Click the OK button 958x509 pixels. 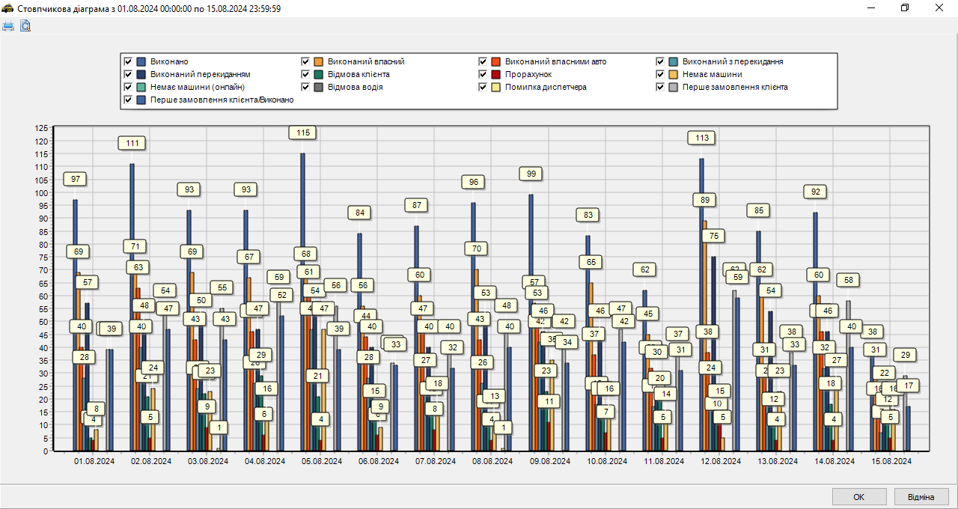(x=858, y=497)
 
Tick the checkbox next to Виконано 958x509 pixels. (x=128, y=61)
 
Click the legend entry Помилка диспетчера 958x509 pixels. (x=546, y=87)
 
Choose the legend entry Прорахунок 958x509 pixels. (x=528, y=74)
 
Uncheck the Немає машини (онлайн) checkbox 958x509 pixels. (x=128, y=87)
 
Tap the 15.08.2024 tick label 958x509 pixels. (x=891, y=462)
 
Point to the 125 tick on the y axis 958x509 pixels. (x=41, y=128)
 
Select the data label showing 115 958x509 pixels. (x=302, y=132)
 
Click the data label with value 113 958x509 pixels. (x=702, y=138)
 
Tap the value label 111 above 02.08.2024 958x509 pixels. (x=132, y=143)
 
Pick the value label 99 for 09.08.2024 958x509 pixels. (x=531, y=174)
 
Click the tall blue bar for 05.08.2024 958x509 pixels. (x=302, y=299)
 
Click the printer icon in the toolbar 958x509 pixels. (x=8, y=26)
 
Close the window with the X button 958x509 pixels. (x=940, y=7)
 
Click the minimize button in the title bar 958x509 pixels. (x=871, y=7)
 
